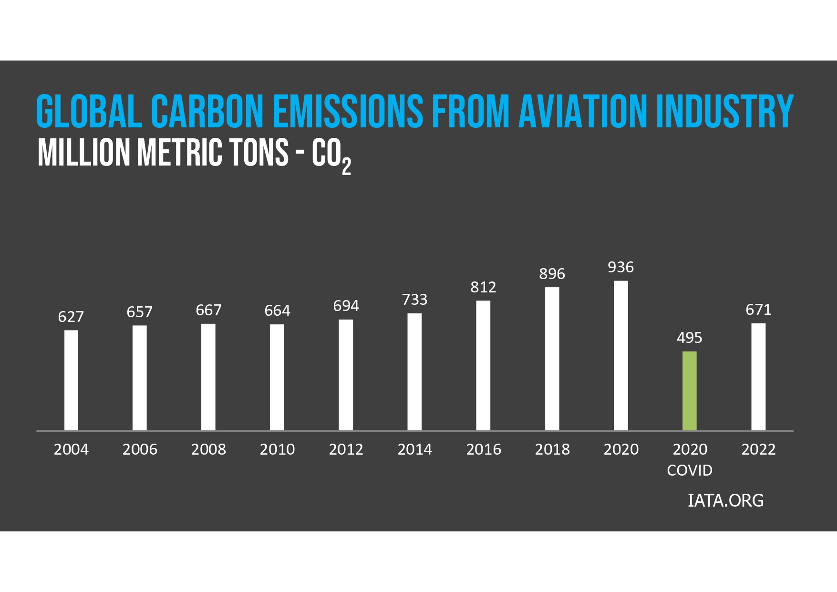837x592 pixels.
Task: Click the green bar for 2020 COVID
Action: (x=689, y=391)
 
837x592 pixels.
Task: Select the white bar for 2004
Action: (x=71, y=380)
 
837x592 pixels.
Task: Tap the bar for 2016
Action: (x=483, y=365)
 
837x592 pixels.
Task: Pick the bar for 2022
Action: (x=758, y=377)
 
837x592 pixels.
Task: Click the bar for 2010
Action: (x=277, y=377)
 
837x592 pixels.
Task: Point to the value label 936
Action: (x=620, y=267)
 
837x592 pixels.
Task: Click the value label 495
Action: (x=689, y=338)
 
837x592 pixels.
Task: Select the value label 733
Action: (x=414, y=300)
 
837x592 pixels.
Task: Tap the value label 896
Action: (x=552, y=274)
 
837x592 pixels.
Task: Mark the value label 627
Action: (x=71, y=317)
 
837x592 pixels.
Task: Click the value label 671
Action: (x=758, y=310)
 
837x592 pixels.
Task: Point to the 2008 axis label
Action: (x=208, y=449)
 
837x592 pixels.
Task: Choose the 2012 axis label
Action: (x=346, y=449)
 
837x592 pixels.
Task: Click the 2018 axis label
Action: (x=552, y=449)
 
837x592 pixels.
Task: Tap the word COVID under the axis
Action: (x=689, y=470)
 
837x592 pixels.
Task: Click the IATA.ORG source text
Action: (x=725, y=500)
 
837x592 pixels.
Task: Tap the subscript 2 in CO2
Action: (x=346, y=166)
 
